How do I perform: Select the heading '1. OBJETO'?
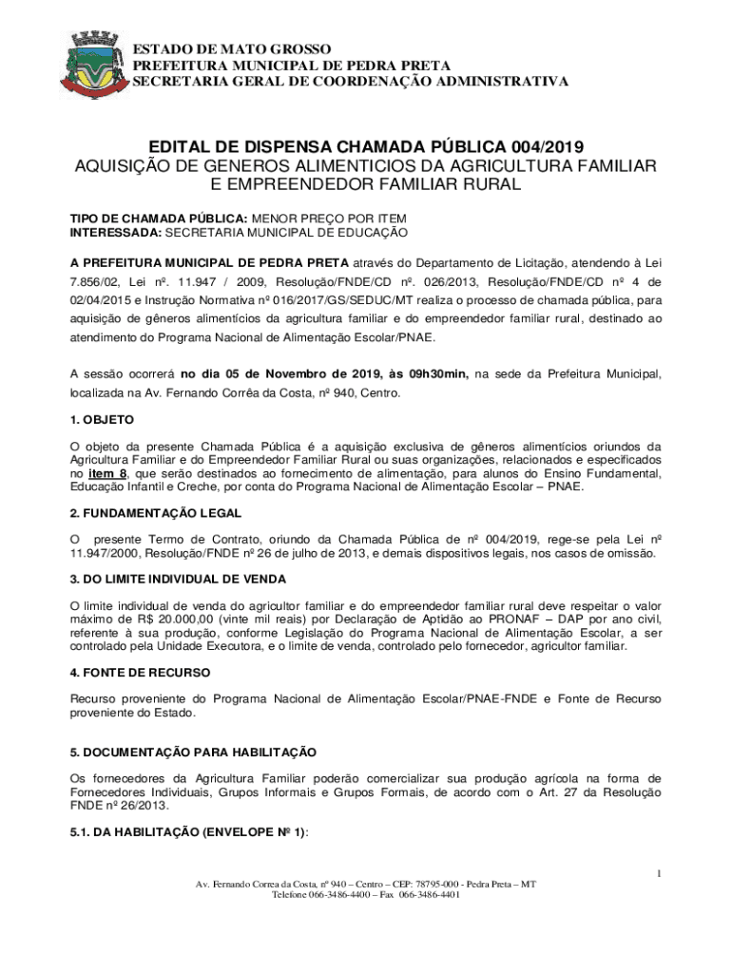pos(103,419)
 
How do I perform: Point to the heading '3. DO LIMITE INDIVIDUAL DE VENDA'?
pos(179,579)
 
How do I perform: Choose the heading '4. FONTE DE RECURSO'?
pos(141,672)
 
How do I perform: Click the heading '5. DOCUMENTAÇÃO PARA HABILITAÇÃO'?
pos(193,752)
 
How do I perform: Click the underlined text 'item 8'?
pos(108,473)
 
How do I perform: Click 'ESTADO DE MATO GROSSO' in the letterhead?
pos(231,48)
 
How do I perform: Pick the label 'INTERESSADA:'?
pos(117,232)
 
